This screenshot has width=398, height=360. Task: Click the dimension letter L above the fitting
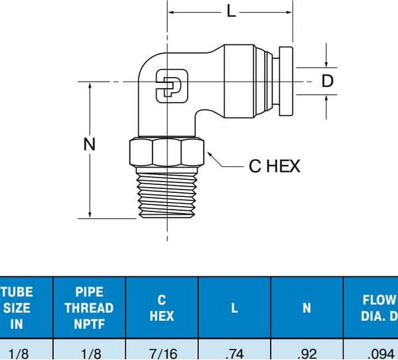coord(231,11)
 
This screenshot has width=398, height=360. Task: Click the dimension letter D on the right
coord(328,82)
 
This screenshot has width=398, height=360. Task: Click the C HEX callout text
coord(275,166)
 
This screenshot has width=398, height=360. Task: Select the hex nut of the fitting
coord(164,152)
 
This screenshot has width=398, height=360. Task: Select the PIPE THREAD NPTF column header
coord(89,308)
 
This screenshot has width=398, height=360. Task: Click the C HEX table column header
coord(161,308)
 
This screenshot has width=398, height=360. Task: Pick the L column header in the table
coord(234,308)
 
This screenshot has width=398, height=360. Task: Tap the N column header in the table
coord(306,308)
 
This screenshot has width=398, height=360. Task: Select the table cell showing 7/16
coord(161,353)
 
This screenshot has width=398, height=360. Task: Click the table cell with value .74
coord(234,353)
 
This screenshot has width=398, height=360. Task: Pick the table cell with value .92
coord(306,353)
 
